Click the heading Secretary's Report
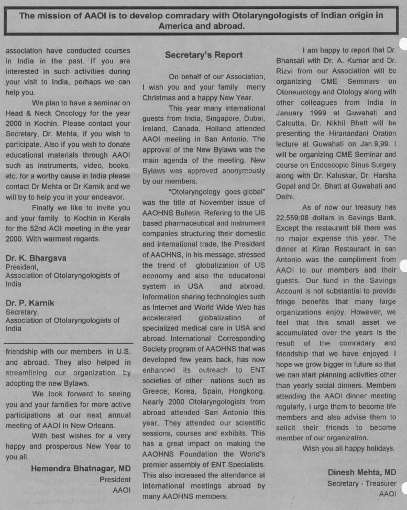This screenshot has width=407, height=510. click(x=204, y=55)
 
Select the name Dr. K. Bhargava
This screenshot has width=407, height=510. click(x=36, y=258)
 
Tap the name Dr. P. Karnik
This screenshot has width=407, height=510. click(x=30, y=302)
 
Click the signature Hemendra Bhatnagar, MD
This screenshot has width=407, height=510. click(x=81, y=468)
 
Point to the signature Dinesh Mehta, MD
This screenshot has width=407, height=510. click(x=362, y=472)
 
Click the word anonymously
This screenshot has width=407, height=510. click(x=239, y=171)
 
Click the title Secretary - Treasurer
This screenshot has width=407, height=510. click(x=361, y=483)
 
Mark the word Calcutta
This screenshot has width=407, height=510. click(x=293, y=123)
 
